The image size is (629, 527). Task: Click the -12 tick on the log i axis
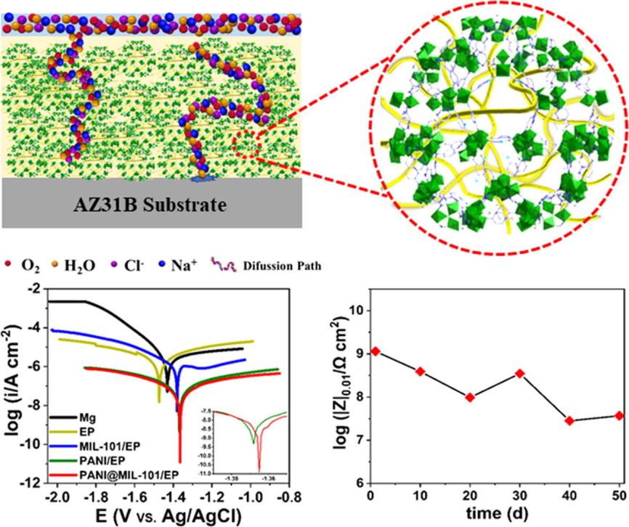pos(33,483)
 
